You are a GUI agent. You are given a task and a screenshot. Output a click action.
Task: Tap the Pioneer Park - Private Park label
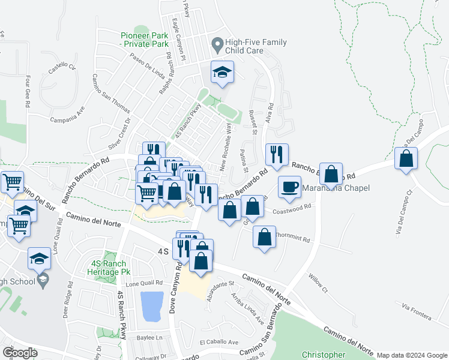click(144, 40)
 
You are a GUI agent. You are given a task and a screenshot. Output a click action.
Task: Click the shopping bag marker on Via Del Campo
click(406, 158)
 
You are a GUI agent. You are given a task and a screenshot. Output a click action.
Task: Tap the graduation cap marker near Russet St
click(222, 73)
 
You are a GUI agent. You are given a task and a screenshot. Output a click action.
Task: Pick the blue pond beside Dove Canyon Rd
click(151, 306)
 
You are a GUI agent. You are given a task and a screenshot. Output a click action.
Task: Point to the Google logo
click(20, 352)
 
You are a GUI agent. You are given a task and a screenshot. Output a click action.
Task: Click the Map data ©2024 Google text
click(412, 355)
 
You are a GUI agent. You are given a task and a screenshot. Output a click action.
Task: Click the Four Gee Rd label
click(28, 91)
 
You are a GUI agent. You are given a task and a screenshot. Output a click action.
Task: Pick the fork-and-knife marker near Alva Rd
click(276, 155)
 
